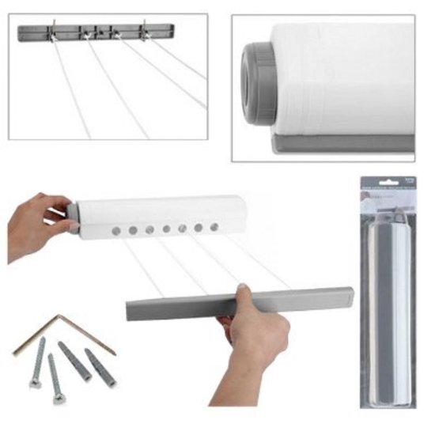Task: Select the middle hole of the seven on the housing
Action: (x=165, y=229)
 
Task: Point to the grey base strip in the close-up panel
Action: (x=340, y=143)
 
